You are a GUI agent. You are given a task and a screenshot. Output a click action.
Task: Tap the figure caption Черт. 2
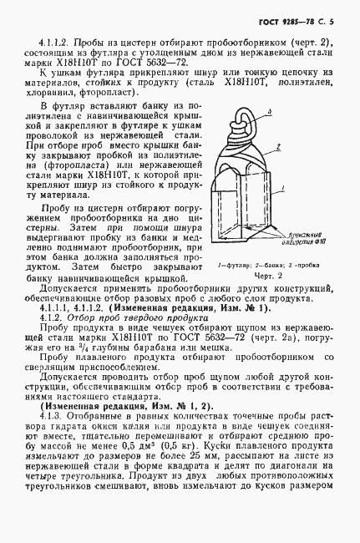click(x=266, y=275)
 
